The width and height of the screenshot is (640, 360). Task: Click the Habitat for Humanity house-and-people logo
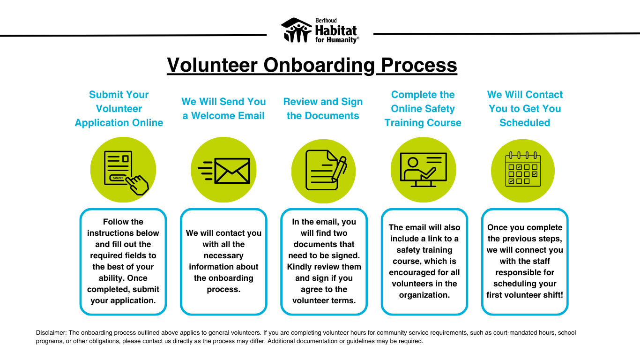296,30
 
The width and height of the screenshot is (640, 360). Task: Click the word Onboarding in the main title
319,66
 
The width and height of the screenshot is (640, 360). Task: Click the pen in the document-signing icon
339,169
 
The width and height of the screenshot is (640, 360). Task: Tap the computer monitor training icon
424,170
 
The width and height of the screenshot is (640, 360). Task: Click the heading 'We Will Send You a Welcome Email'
223,109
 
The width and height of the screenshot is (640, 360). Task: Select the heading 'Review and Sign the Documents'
323,109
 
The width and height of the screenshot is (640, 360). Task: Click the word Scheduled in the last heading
525,123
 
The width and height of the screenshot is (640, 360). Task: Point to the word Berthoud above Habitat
326,21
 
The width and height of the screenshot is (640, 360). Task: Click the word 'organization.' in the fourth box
424,295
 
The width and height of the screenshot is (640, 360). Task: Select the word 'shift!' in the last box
552,295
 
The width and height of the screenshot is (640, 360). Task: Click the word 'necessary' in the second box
223,256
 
